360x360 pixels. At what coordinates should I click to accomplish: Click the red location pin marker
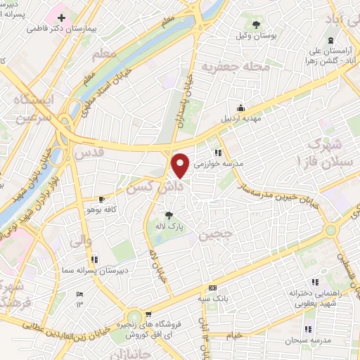pyautogui.click(x=181, y=165)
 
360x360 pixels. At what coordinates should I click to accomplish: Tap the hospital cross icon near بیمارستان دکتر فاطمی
pyautogui.click(x=62, y=17)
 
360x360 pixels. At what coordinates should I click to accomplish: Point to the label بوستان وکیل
pyautogui.click(x=255, y=35)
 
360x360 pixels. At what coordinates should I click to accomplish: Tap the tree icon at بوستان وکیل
pyautogui.click(x=255, y=24)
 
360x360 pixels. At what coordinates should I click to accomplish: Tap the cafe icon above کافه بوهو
pyautogui.click(x=101, y=199)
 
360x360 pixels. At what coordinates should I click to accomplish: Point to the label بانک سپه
pyautogui.click(x=213, y=299)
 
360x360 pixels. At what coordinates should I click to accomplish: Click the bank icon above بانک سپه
pyautogui.click(x=213, y=288)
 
